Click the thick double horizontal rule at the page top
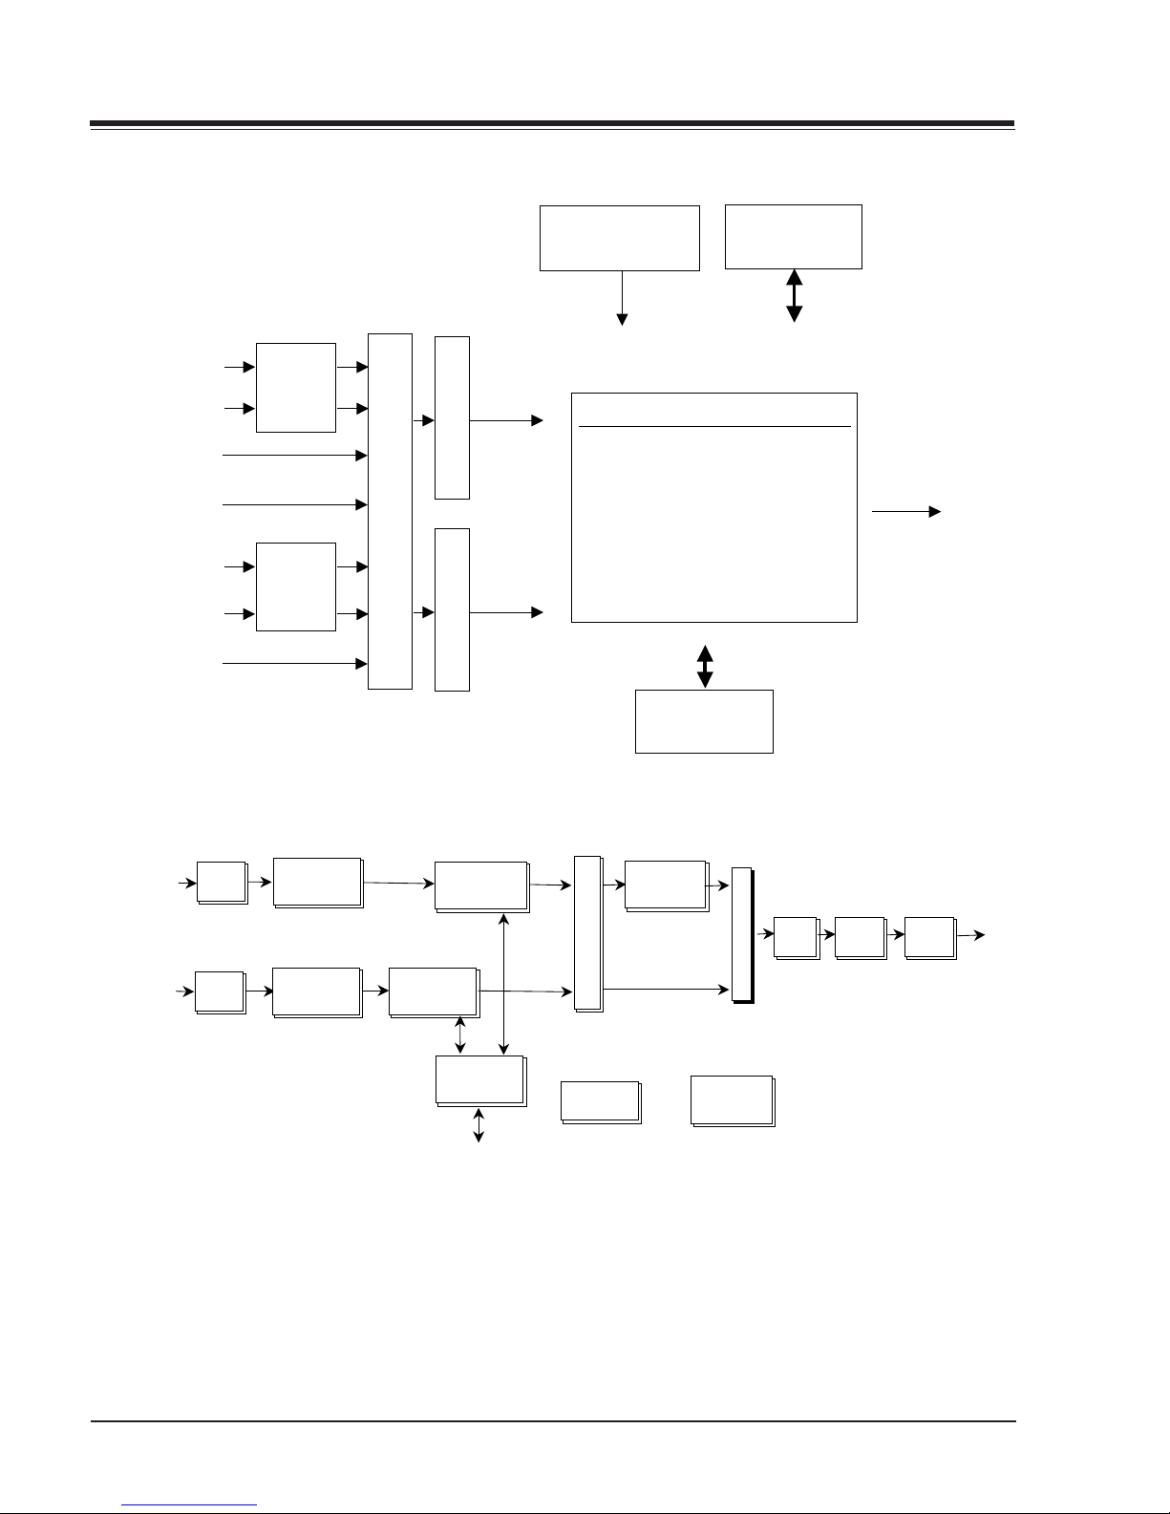coord(552,124)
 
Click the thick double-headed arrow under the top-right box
coord(794,295)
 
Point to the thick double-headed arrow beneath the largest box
coord(705,667)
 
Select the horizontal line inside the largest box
coord(714,426)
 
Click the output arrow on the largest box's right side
coord(905,512)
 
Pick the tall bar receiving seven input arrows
coord(390,511)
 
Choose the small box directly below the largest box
coord(704,721)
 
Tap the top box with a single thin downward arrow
coord(619,237)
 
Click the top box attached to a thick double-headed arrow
coord(794,236)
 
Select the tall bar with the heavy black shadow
coord(742,935)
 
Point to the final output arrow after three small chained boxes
coord(972,936)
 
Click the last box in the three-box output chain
coord(929,937)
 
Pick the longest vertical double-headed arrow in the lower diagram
coord(504,984)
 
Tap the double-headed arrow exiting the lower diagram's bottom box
coord(479,1124)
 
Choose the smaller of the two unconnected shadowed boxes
coord(600,1101)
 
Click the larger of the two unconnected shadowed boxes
coord(733,1100)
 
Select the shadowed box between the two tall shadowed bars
coord(666,885)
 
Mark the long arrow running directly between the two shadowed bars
coord(667,990)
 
